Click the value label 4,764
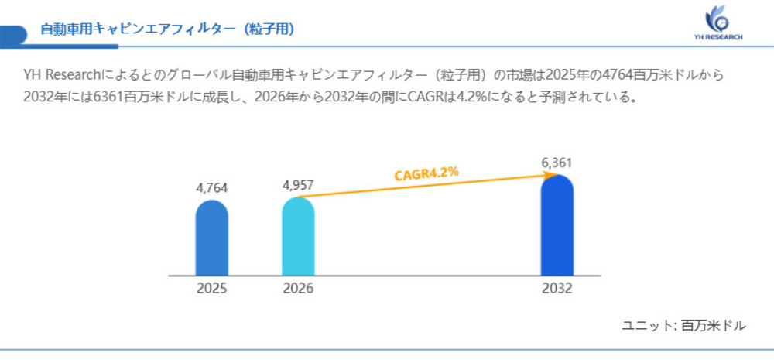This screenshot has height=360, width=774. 211,188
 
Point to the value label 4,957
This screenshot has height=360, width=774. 298,185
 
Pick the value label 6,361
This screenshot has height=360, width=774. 557,163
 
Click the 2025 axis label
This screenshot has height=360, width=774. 211,289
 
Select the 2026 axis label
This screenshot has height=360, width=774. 298,289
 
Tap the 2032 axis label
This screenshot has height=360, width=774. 557,289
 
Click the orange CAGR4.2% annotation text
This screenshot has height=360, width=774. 426,173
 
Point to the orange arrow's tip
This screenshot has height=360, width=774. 551,176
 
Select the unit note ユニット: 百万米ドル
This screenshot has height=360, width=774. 683,325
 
